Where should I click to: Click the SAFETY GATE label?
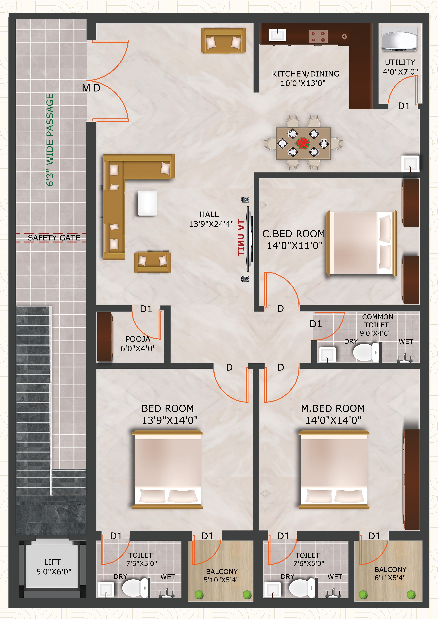[x=54, y=238]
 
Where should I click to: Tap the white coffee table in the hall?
[x=148, y=203]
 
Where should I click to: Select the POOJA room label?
[x=138, y=339]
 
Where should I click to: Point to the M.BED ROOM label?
[x=333, y=408]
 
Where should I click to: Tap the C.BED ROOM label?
[x=294, y=234]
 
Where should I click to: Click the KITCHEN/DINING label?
[x=306, y=74]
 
